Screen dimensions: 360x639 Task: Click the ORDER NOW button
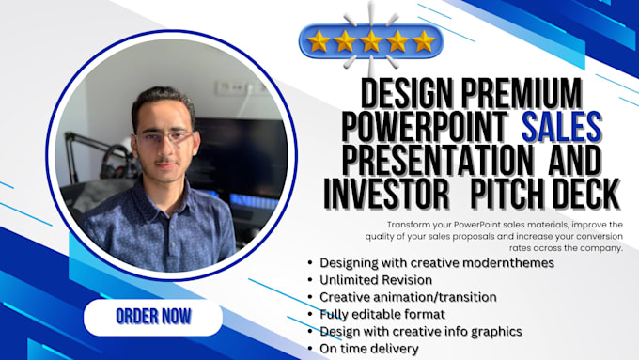click(152, 317)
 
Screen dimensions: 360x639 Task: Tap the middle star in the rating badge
click(370, 40)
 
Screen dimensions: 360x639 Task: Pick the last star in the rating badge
click(423, 40)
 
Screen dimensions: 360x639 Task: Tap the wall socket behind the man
click(230, 86)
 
